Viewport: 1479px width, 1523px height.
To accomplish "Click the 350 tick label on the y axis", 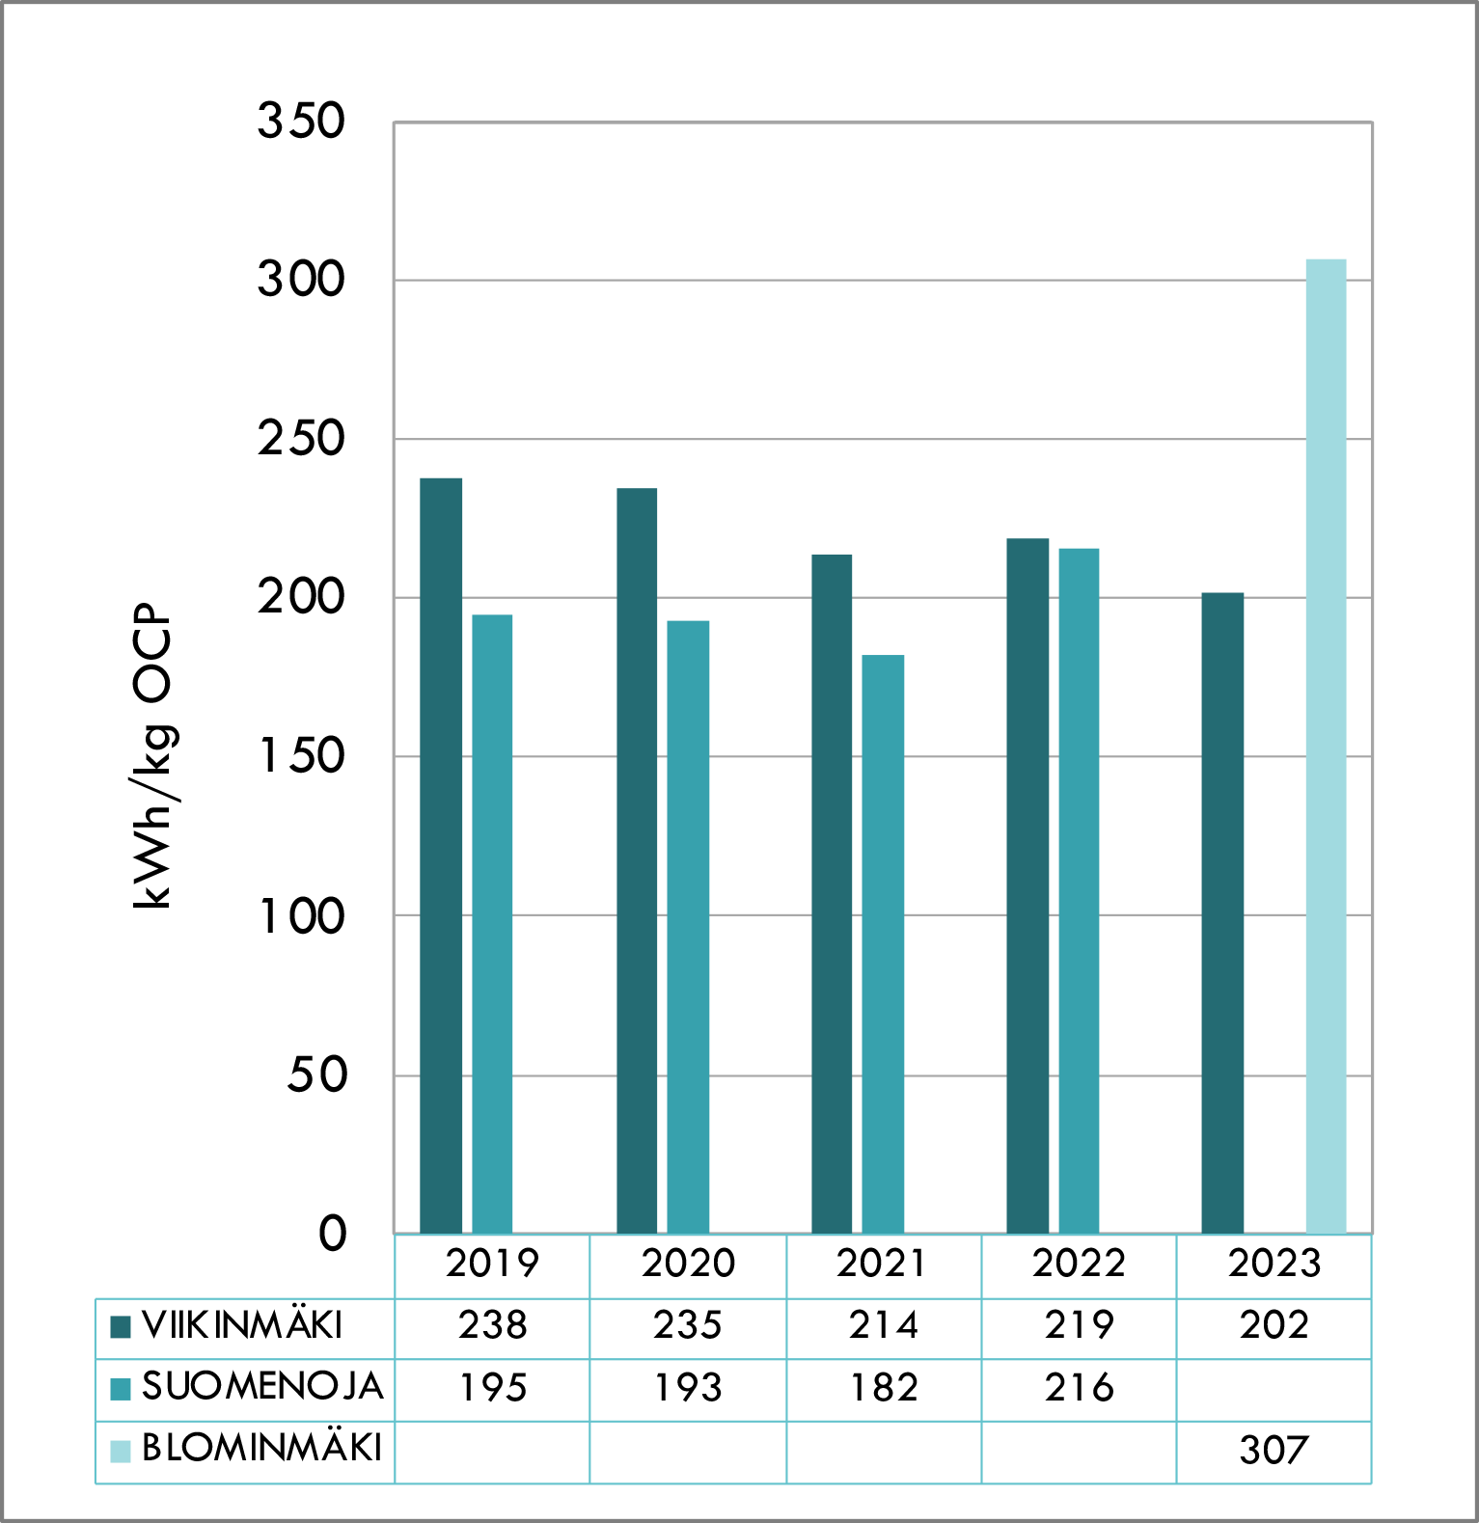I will coord(301,122).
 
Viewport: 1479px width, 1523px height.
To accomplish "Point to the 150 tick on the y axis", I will coord(301,756).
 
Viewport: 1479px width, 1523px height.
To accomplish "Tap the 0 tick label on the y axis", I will coord(333,1233).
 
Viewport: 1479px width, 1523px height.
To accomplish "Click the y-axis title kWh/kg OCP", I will coord(152,756).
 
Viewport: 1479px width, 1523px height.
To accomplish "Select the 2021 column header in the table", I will coord(882,1264).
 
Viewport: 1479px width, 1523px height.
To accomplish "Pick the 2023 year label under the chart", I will coord(1274,1264).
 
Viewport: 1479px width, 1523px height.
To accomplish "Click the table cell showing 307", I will coord(1274,1450).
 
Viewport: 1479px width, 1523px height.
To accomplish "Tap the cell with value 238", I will coord(493,1325).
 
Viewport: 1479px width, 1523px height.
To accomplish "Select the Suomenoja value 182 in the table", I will coord(884,1388).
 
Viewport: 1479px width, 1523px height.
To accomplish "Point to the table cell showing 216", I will coord(1079,1388).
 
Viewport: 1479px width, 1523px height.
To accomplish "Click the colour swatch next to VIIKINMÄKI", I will coord(121,1327).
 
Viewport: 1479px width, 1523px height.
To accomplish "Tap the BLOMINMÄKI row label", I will coord(261,1449).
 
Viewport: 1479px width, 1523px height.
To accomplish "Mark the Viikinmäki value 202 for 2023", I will coord(1274,1325).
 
